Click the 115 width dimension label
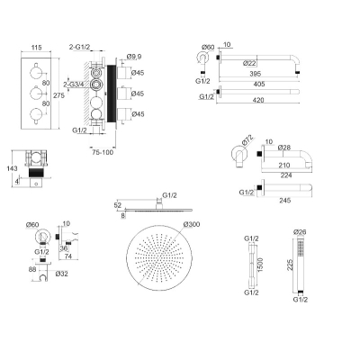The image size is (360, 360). (x=36, y=48)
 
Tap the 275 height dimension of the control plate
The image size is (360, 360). (x=58, y=95)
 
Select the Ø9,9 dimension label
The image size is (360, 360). (x=134, y=57)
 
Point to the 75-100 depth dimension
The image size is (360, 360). (x=103, y=152)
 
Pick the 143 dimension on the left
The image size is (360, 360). (x=12, y=168)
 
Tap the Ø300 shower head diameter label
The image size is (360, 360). (x=192, y=224)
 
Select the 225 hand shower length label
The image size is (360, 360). (x=290, y=265)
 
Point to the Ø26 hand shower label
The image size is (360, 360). (x=300, y=232)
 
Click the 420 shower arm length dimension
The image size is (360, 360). (x=258, y=100)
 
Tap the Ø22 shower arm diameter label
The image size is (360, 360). (x=249, y=63)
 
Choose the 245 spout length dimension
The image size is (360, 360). (x=284, y=200)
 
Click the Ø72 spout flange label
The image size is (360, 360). (x=247, y=140)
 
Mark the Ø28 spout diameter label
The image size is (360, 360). (x=284, y=148)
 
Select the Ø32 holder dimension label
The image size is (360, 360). (x=61, y=274)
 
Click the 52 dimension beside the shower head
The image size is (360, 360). (x=118, y=205)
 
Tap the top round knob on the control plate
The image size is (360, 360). (x=35, y=72)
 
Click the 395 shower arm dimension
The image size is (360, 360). (x=255, y=74)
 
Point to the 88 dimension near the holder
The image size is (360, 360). (x=32, y=269)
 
